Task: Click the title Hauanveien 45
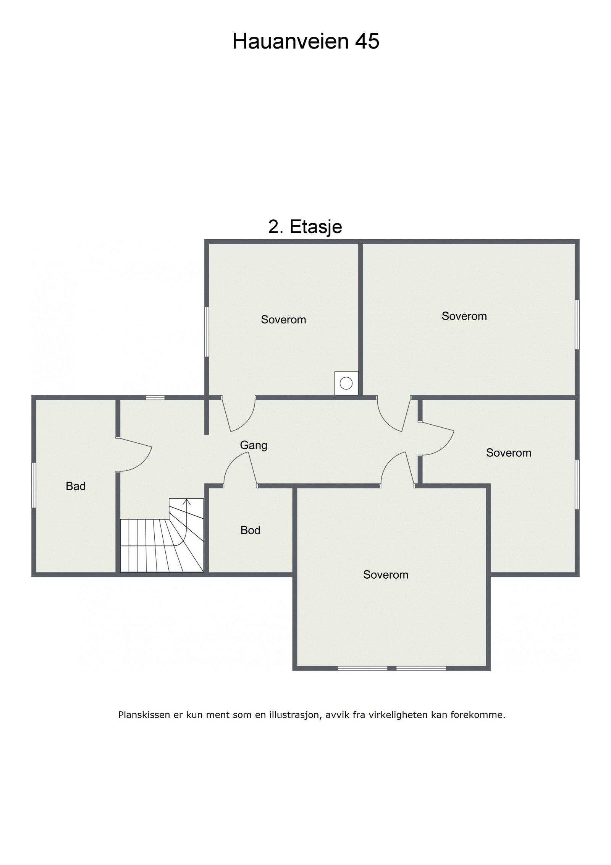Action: point(305,41)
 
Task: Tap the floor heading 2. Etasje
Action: point(305,227)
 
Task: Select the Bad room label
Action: point(76,486)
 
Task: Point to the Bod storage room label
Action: point(251,530)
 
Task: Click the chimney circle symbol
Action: point(346,383)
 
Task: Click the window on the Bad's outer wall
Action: point(34,485)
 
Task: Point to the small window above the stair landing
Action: point(155,398)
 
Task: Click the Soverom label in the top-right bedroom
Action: point(464,316)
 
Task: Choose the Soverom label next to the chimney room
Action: point(283,320)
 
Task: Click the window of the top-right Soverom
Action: point(577,325)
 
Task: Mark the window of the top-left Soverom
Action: point(207,332)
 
